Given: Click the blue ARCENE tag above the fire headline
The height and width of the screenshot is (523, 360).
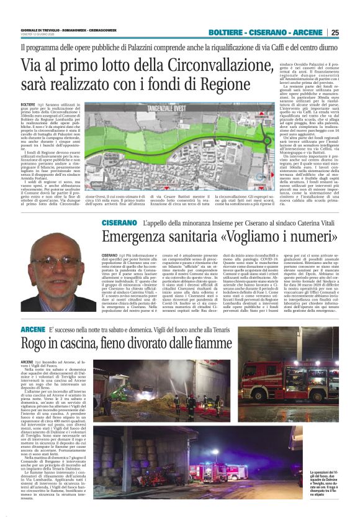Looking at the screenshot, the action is tap(32, 328).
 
